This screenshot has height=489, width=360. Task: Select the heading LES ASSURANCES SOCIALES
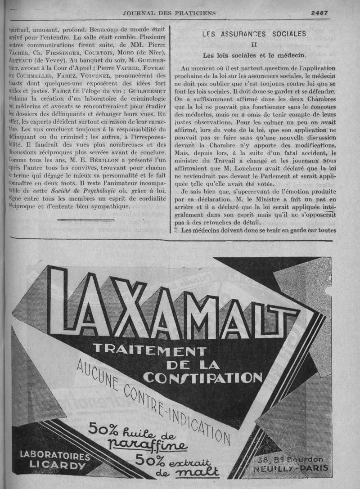[x=254, y=34]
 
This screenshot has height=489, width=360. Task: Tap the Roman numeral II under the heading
[x=254, y=45]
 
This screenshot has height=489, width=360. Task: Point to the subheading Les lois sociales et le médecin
[x=254, y=56]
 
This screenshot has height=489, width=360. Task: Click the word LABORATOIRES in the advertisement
[x=55, y=455]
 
